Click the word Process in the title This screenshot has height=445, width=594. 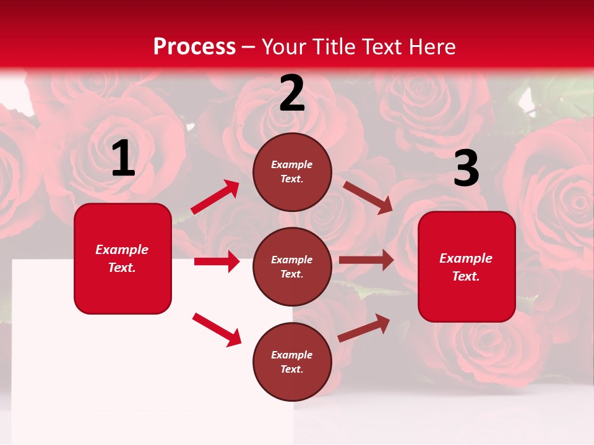pyautogui.click(x=194, y=47)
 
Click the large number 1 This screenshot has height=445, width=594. pyautogui.click(x=123, y=159)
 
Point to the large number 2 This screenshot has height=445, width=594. pyautogui.click(x=292, y=93)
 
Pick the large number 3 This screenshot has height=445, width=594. pyautogui.click(x=466, y=169)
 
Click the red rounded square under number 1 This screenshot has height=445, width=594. pyautogui.click(x=123, y=258)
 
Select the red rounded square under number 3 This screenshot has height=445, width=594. pyautogui.click(x=467, y=266)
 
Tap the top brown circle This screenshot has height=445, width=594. pyautogui.click(x=292, y=172)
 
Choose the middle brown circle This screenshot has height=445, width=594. pyautogui.click(x=292, y=266)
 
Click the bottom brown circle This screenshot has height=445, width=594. pyautogui.click(x=292, y=362)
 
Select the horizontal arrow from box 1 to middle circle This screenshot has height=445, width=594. pyautogui.click(x=217, y=261)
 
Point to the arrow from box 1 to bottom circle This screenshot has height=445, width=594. pyautogui.click(x=217, y=329)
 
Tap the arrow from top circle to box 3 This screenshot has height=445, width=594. pyautogui.click(x=368, y=197)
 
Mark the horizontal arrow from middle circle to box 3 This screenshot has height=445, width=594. pyautogui.click(x=366, y=260)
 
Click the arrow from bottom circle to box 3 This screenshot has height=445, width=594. pyautogui.click(x=364, y=328)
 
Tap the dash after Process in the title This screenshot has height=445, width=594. pyautogui.click(x=249, y=47)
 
